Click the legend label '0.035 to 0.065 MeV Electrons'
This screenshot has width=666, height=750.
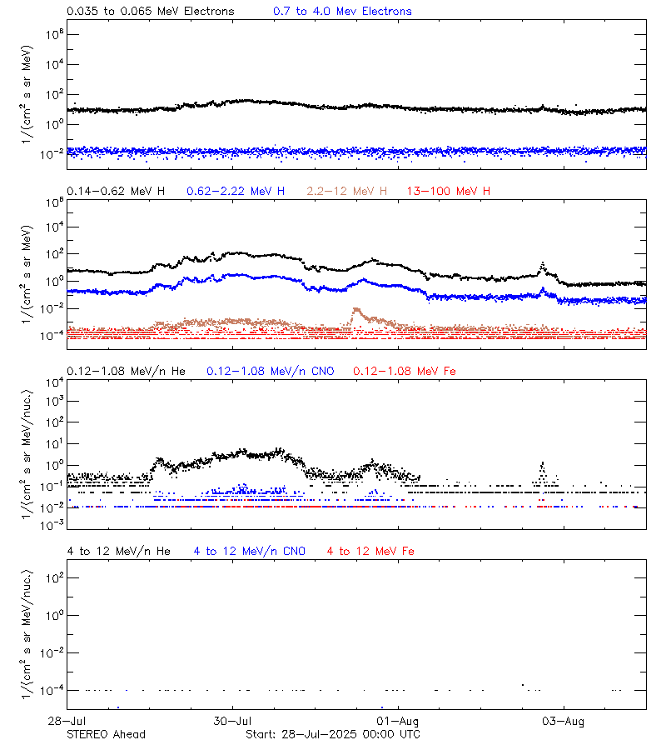tap(150, 12)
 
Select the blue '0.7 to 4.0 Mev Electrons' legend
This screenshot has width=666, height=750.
tap(342, 12)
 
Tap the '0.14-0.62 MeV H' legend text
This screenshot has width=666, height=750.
tap(116, 192)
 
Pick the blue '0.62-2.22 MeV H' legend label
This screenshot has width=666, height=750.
tap(236, 192)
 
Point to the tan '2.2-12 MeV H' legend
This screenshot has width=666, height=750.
tap(347, 192)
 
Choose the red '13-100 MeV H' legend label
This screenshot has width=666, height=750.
tap(449, 192)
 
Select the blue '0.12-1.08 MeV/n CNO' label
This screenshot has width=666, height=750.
tap(271, 371)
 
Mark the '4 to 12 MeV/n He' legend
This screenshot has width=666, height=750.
tap(118, 551)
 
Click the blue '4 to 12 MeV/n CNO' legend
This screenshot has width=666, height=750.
tap(250, 551)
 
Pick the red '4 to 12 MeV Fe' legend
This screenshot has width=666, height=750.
tap(370, 551)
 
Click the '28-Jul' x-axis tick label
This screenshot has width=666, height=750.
tap(67, 721)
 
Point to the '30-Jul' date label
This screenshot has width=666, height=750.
tap(232, 721)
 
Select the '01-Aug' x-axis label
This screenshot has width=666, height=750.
tap(397, 721)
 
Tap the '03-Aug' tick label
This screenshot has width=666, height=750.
tap(563, 721)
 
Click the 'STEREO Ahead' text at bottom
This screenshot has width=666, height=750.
tap(106, 734)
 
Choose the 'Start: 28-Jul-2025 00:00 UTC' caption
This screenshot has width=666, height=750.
tap(333, 734)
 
